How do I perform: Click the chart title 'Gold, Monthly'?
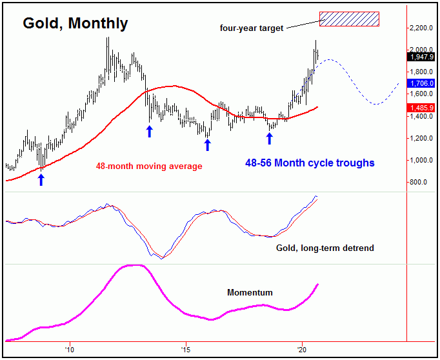75,24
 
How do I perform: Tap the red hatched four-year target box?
349,19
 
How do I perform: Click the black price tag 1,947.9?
421,56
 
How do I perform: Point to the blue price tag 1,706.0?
421,83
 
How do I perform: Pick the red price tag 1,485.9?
421,107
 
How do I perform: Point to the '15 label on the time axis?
185,350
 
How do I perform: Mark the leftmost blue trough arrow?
41,179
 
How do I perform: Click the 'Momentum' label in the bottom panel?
250,292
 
